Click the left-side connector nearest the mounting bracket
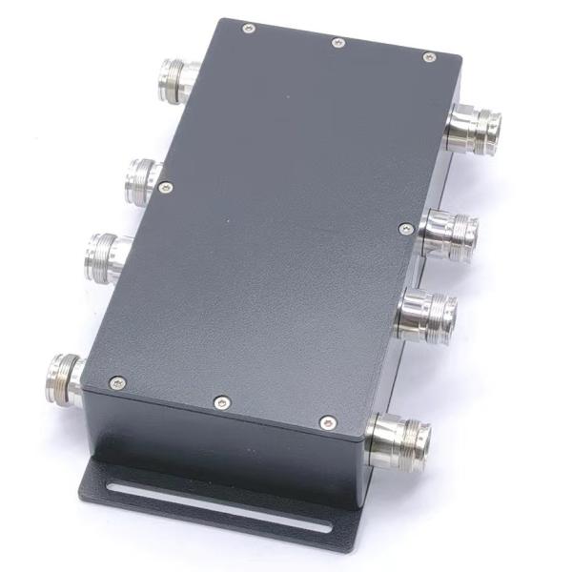point(65,378)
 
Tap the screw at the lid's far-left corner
point(249,29)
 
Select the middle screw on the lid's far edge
point(337,43)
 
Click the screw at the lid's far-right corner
point(429,57)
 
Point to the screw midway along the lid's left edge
point(166,188)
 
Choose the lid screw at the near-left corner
point(118,382)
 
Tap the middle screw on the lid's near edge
point(221,402)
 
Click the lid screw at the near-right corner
point(328,422)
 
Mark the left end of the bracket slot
point(112,489)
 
